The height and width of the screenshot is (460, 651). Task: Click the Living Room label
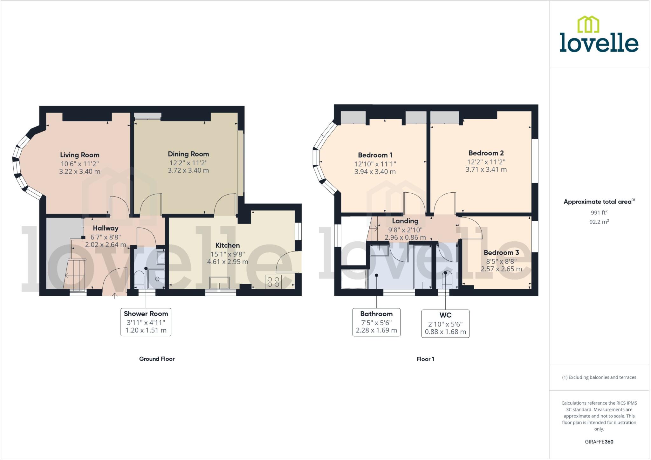79,155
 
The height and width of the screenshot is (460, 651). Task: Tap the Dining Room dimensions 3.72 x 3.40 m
188,170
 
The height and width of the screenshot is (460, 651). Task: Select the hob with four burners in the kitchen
273,282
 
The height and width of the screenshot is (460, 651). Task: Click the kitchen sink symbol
219,283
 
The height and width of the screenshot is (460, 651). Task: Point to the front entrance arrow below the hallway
114,296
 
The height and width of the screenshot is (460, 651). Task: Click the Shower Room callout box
146,322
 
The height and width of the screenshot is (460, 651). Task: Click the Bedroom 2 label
486,153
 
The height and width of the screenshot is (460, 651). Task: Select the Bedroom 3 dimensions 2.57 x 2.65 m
501,269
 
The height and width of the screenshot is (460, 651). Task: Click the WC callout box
445,324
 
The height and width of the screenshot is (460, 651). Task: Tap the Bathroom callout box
376,322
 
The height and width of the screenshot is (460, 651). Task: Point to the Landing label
405,221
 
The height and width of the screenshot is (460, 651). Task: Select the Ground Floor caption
157,359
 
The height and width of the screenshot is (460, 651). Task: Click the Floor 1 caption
425,359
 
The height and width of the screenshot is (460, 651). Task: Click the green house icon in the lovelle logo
588,24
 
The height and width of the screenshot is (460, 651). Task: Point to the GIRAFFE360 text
599,442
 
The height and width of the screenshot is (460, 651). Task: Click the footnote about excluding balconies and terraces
599,377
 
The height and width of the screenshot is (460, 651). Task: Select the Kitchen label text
227,245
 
